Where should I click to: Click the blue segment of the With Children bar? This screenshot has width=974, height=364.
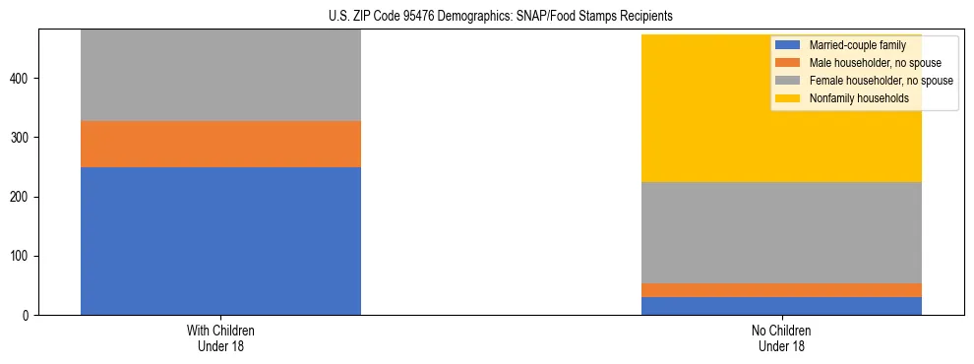click(x=220, y=241)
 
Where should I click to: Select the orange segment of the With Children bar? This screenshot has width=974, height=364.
click(x=220, y=144)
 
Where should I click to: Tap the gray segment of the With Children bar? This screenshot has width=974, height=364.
click(x=220, y=75)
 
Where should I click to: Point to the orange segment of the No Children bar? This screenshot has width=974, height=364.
click(x=781, y=290)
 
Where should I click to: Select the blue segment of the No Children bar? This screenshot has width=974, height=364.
click(x=781, y=306)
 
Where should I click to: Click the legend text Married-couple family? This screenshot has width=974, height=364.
click(x=856, y=45)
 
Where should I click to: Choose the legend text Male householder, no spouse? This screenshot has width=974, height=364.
click(x=869, y=63)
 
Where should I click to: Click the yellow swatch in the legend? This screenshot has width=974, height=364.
click(x=788, y=98)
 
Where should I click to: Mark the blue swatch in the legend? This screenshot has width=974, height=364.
click(x=788, y=45)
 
